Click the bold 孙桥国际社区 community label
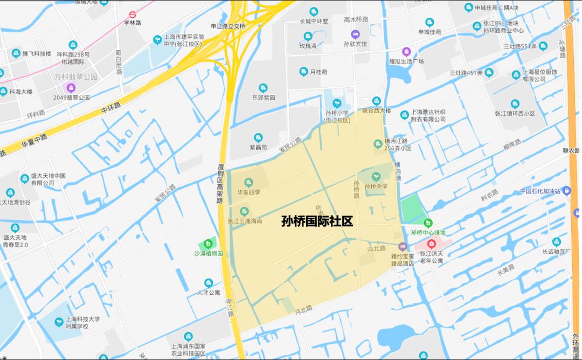317,221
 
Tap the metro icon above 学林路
132,15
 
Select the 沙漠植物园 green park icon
209,244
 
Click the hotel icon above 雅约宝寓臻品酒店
403,247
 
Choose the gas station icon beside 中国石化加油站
566,191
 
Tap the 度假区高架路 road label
220,184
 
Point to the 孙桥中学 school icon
376,176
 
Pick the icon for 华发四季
248,182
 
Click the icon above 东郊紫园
264,88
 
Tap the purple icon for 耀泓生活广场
406,52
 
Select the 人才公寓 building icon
209,283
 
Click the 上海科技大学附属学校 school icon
59,322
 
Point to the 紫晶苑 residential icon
258,138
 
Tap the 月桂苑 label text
318,72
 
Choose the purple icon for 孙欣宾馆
355,34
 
